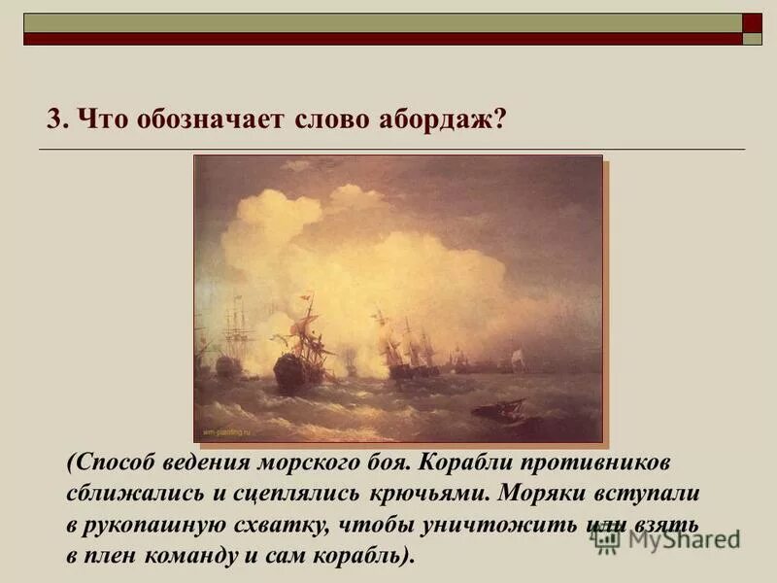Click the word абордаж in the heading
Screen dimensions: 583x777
[x=450, y=120]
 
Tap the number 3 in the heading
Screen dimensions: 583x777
[x=54, y=120]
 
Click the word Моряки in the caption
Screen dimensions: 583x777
[x=545, y=492]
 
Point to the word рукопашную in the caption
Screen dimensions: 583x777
[x=173, y=525]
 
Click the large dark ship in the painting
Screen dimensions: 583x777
[x=295, y=366]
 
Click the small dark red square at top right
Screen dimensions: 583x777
[x=752, y=21]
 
